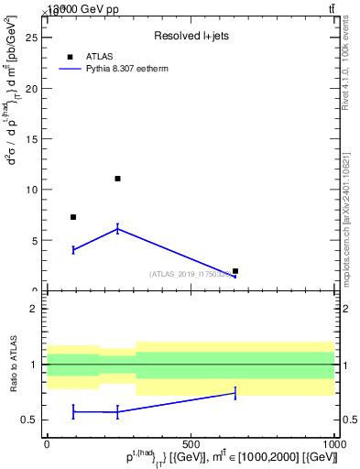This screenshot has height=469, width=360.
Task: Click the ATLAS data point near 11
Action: [x=117, y=179]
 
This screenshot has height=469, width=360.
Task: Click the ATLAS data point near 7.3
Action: [x=73, y=217]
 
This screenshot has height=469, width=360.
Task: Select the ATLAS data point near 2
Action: [x=235, y=271]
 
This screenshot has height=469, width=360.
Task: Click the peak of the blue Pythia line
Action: [x=117, y=228]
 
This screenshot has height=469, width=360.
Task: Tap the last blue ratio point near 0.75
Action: [x=235, y=393]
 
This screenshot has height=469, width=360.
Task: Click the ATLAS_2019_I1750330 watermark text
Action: [x=191, y=274]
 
